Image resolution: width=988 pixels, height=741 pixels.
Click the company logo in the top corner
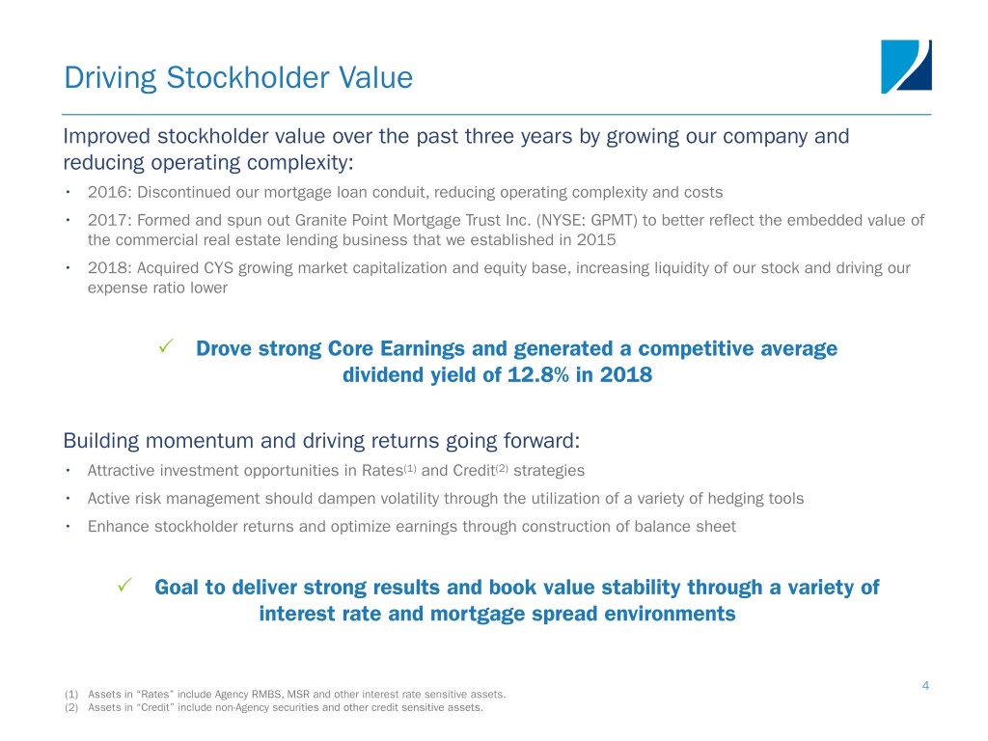point(906,67)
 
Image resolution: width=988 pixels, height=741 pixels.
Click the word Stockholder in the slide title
point(248,77)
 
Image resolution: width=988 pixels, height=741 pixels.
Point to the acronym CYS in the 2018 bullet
point(218,268)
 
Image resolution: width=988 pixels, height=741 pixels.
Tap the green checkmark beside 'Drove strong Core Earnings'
point(166,346)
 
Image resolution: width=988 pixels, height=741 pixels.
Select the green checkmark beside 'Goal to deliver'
point(124,586)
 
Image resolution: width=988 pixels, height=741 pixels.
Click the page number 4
point(925,686)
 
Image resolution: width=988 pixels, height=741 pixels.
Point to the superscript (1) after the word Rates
point(410,468)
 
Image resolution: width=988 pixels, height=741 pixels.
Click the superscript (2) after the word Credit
point(502,468)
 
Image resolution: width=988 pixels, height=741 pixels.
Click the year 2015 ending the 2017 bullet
point(596,240)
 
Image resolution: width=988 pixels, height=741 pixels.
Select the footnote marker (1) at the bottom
point(71,695)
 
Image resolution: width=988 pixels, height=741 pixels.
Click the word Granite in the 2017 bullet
point(319,220)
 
